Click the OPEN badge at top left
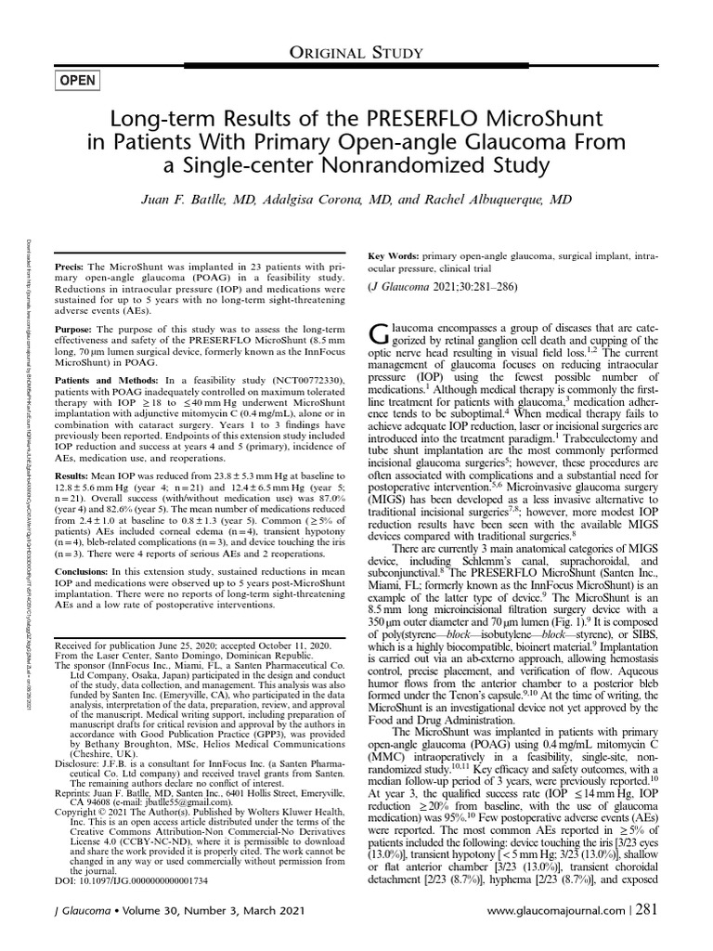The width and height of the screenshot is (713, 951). pos(77,81)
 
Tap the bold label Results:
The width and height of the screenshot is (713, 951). pos(75,475)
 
